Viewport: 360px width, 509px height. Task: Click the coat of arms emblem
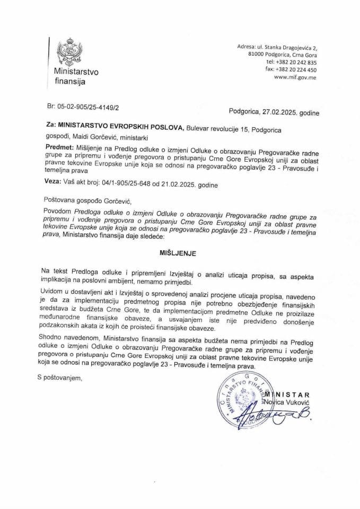67,52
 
